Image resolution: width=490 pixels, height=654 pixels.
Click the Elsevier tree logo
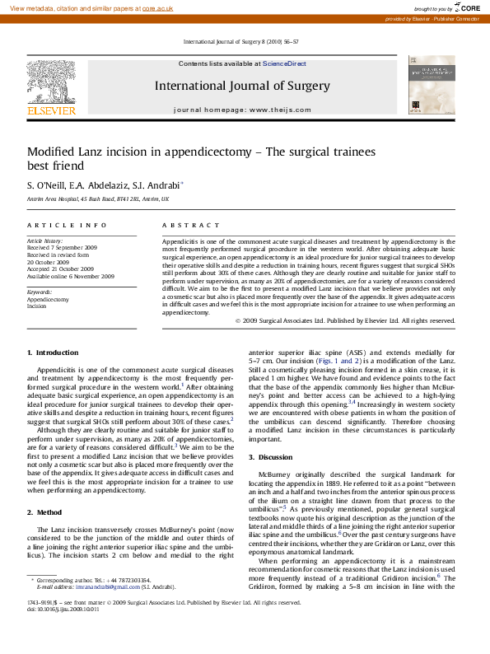click(x=51, y=82)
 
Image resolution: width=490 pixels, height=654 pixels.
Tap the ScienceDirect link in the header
click(x=284, y=63)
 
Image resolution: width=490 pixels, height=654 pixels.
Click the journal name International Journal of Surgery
click(x=242, y=86)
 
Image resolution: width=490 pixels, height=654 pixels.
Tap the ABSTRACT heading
click(x=184, y=225)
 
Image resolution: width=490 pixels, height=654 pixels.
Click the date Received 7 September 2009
click(x=62, y=247)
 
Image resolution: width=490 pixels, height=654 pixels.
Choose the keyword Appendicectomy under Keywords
click(x=48, y=299)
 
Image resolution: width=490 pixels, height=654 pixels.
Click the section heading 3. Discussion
click(x=277, y=455)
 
